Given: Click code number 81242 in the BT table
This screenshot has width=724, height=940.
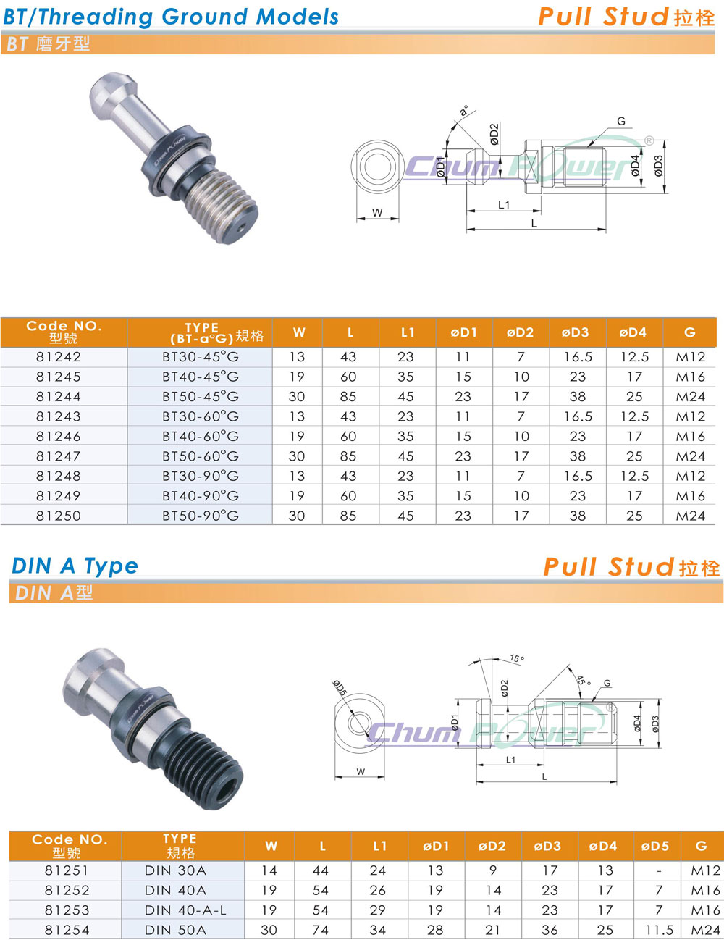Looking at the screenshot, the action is (x=59, y=357).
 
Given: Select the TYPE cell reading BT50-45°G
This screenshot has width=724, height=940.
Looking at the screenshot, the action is (x=201, y=397).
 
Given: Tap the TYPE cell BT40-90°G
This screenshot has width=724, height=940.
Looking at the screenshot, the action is (x=201, y=496).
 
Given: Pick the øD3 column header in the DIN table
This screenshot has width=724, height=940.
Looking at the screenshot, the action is (x=547, y=846).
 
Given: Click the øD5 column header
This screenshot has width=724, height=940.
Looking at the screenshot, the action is (x=654, y=846).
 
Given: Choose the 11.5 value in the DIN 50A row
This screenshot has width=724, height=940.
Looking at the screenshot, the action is (x=659, y=930).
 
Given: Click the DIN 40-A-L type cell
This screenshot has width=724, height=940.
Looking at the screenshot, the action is (x=185, y=910).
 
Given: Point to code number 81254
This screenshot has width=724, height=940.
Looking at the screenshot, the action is (x=67, y=930).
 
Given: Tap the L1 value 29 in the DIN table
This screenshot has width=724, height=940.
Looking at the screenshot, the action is (x=378, y=910).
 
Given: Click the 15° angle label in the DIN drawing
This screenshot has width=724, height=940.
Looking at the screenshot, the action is (x=517, y=658).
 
